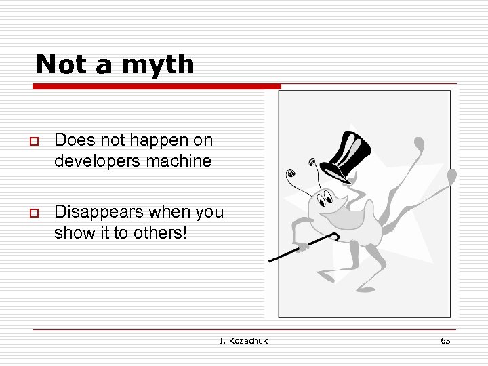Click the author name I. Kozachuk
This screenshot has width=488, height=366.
coord(243,340)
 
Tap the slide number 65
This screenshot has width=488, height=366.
coord(445,340)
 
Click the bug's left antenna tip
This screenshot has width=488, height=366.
coord(291,174)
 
